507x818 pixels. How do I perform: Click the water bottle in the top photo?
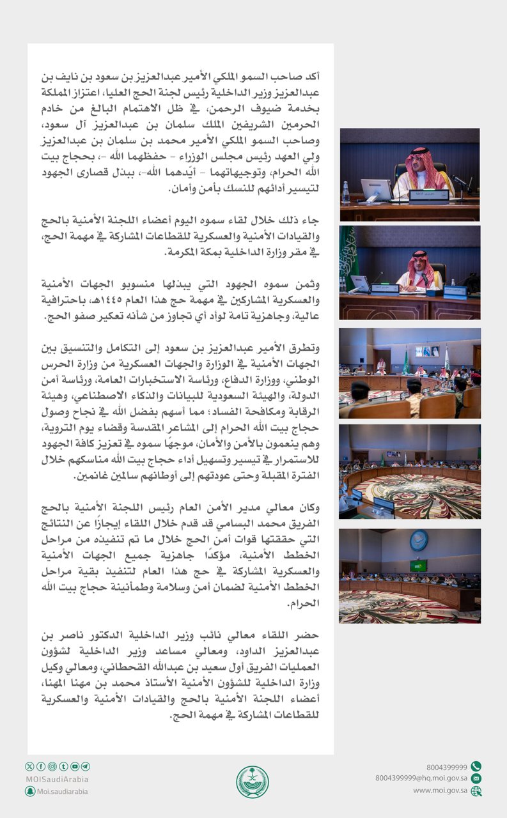coord(346,191)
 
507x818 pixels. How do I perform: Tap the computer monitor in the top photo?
coord(377,190)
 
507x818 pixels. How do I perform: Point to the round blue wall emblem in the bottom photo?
coord(419,541)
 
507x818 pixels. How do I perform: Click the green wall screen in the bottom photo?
coord(418,566)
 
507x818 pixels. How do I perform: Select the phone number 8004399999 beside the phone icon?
coord(447,767)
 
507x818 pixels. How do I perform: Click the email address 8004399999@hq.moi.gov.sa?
coord(421,778)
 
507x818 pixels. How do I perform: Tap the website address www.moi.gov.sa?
coord(440,791)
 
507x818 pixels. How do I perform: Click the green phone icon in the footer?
coord(476,767)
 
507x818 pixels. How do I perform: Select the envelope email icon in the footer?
coord(476,778)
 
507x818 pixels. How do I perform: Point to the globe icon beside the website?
coord(476,791)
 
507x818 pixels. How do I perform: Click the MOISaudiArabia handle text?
coord(57,779)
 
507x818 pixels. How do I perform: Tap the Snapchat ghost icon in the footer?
coord(30,791)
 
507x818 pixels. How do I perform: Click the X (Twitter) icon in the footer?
coord(29,766)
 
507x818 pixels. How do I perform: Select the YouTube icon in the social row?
coord(75,766)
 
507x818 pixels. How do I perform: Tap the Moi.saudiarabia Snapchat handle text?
coord(63,791)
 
